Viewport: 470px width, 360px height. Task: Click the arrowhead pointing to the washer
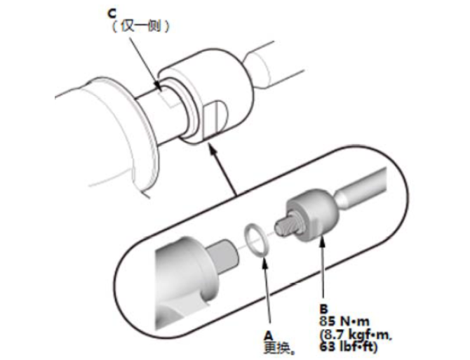click(264, 261)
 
